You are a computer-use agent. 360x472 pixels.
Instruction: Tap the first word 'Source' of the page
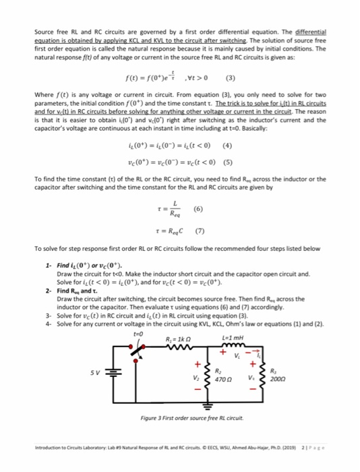coord(42,32)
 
